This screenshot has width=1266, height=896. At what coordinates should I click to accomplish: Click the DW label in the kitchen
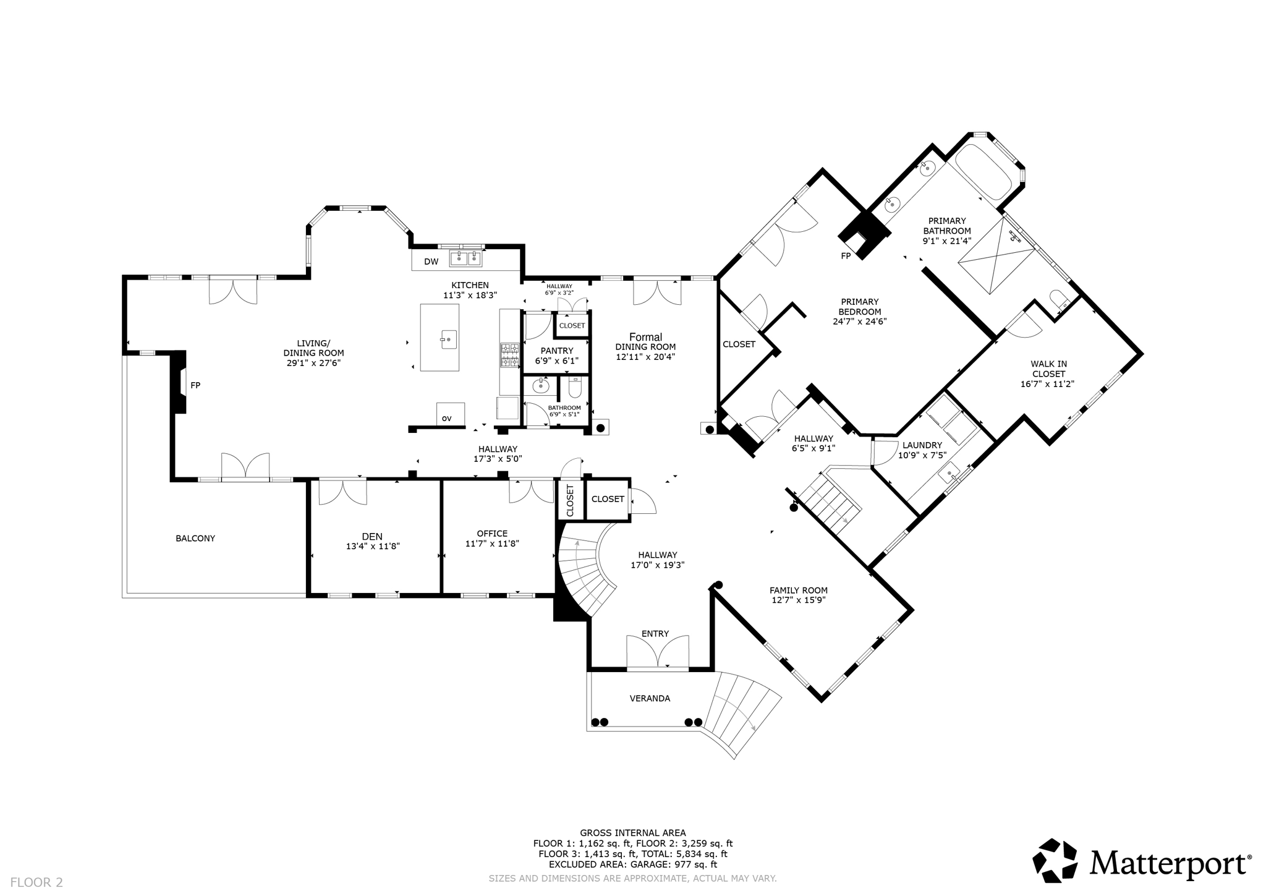431,262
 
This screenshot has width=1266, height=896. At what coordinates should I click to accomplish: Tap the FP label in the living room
195,385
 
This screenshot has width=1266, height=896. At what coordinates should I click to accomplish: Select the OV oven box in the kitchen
450,414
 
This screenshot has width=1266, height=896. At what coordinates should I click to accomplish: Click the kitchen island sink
448,339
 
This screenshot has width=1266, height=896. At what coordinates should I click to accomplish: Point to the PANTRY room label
556,351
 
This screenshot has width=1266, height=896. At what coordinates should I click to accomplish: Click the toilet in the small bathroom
575,388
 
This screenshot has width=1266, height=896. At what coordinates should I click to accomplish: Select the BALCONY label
195,539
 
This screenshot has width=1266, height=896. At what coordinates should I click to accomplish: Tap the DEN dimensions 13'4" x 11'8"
372,547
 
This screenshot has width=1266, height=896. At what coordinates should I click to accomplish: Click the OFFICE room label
492,534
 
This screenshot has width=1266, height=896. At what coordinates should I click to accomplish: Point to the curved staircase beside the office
584,569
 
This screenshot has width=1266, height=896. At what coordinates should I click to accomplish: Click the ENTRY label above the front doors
655,634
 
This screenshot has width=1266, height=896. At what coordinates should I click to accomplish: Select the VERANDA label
650,699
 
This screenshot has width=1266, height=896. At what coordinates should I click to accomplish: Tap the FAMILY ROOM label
798,591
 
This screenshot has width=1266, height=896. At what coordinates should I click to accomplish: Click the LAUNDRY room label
922,445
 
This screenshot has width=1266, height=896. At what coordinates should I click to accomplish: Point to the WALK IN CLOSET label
1048,369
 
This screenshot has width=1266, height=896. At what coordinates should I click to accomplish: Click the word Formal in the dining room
645,337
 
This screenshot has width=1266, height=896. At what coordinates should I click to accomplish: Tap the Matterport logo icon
1055,860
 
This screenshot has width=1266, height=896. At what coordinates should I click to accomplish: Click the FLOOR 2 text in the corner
36,882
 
